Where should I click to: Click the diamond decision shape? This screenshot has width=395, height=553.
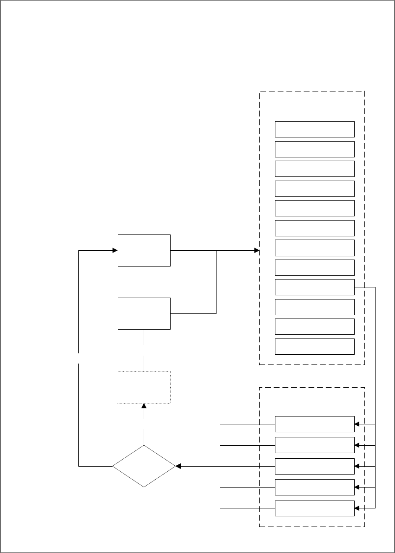[144, 466]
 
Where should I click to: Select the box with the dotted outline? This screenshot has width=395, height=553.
[144, 388]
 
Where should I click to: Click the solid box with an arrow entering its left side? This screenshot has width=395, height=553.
[144, 250]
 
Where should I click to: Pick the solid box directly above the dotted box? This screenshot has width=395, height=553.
[144, 313]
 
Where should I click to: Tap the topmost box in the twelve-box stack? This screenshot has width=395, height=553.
[314, 129]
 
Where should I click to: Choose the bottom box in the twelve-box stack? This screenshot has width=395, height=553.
[314, 346]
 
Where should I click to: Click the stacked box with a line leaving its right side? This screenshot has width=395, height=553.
[314, 287]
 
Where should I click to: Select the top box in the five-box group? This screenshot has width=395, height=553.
[314, 424]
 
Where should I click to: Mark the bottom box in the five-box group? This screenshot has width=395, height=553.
[314, 508]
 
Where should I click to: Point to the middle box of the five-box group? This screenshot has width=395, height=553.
[314, 466]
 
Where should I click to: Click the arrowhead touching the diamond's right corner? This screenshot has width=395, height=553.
[179, 466]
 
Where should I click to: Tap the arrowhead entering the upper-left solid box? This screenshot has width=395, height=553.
[115, 250]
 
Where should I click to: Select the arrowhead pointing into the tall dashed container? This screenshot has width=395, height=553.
[256, 250]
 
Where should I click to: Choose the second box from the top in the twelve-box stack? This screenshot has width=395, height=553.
[314, 149]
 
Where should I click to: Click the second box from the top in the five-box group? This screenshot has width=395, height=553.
[314, 445]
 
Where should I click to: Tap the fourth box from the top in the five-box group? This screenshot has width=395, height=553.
[314, 487]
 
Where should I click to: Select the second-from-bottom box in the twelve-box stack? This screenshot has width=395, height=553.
[314, 326]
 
